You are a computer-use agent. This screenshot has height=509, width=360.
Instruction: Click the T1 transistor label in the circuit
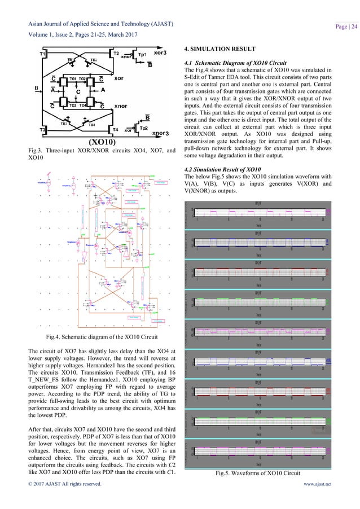tap(43, 54)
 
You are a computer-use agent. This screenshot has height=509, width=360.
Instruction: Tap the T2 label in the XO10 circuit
tap(116, 54)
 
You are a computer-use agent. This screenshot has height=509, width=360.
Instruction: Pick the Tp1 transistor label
tap(143, 56)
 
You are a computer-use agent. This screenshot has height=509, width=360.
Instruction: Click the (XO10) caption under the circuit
tap(102, 142)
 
